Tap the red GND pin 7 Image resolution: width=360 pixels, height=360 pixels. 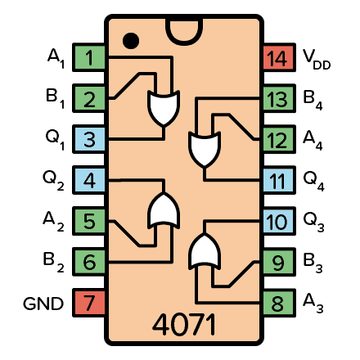pos(89,303)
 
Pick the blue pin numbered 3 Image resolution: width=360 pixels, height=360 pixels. pos(89,139)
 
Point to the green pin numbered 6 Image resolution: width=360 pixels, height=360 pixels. pos(89,262)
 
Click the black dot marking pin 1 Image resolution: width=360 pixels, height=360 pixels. pos(129,39)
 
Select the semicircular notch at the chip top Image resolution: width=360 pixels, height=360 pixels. pos(184,29)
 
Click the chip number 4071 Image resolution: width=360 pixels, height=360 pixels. pos(184,325)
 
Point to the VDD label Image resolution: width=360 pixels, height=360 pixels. pos(316,58)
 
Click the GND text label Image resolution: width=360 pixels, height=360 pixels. pos(43,304)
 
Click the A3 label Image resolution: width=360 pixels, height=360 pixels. pos(313,304)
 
